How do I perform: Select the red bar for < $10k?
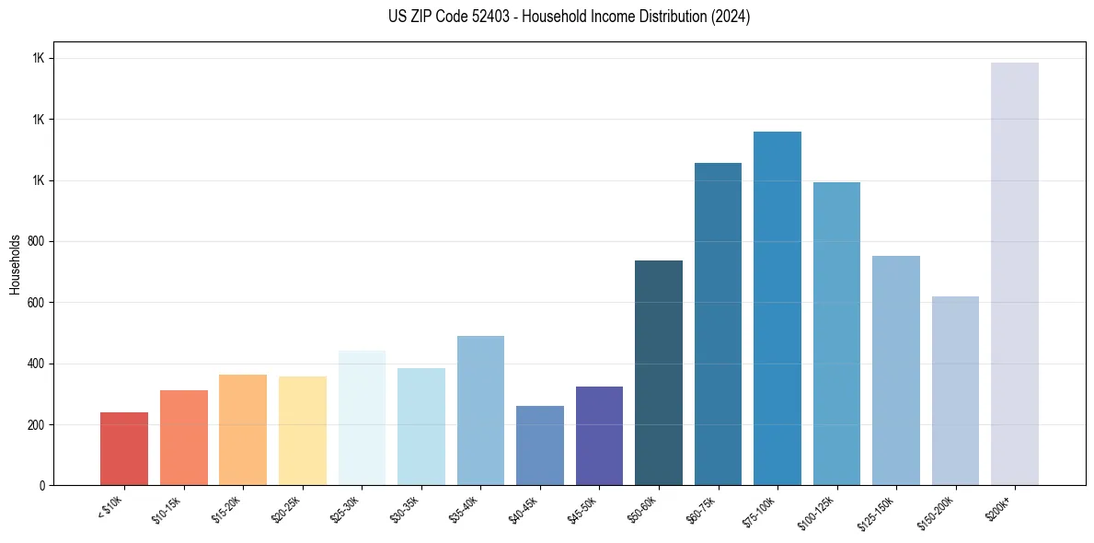click(x=124, y=448)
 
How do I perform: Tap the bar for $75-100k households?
click(x=777, y=308)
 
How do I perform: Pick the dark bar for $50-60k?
click(x=659, y=373)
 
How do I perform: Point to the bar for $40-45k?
click(x=540, y=445)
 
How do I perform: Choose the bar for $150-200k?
click(x=955, y=390)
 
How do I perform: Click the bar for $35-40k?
click(x=480, y=410)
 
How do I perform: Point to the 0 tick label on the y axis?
click(x=42, y=485)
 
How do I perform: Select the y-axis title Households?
click(x=15, y=263)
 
